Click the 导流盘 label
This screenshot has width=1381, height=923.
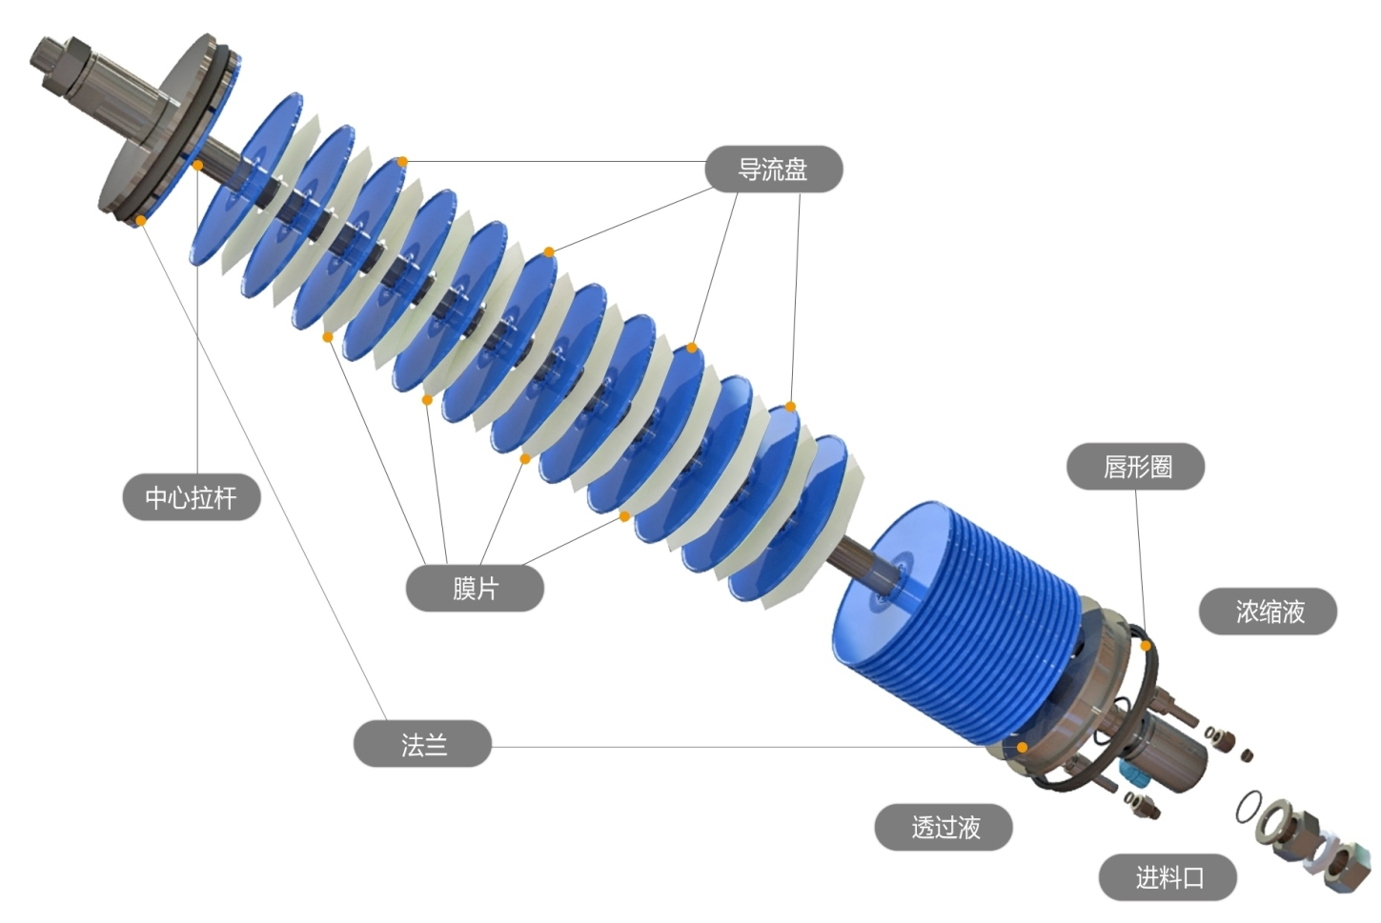click(773, 169)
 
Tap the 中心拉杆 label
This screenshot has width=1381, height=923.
click(192, 497)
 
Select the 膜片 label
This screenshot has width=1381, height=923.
click(475, 589)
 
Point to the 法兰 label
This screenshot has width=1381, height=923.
click(423, 744)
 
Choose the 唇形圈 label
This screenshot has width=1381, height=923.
click(1136, 467)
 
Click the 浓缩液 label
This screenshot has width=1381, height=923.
click(1269, 612)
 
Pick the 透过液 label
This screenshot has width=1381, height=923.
click(944, 827)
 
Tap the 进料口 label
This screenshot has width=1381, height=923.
click(1168, 877)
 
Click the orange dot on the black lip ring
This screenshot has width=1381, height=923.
click(1146, 646)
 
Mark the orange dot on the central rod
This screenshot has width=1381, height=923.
click(197, 165)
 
